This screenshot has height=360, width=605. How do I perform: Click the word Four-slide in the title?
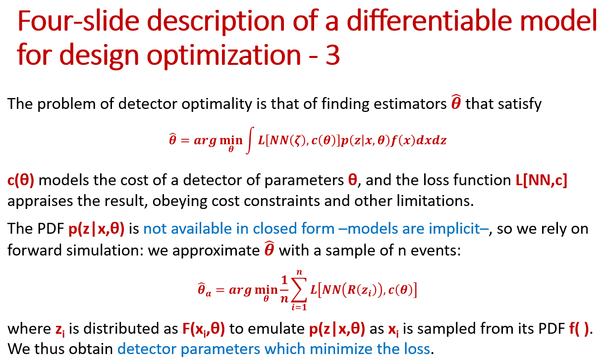pos(78,21)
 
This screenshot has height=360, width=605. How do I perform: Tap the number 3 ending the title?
pos(332,55)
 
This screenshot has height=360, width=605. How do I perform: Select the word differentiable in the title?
pos(429,21)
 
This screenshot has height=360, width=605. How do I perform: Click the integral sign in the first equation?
pos(250,140)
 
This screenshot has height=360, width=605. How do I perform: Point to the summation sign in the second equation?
pos(299,290)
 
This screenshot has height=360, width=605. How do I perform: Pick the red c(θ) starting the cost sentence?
pos(21,180)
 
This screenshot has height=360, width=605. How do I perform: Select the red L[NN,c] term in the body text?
pos(541,180)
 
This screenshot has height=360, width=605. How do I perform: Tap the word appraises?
pos(40,202)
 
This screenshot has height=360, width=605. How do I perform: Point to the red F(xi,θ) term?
pos(204,329)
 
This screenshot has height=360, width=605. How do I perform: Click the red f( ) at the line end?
pos(579,329)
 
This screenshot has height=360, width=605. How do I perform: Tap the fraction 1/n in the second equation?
pos(284,290)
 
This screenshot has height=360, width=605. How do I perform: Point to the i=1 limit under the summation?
pos(299,307)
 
